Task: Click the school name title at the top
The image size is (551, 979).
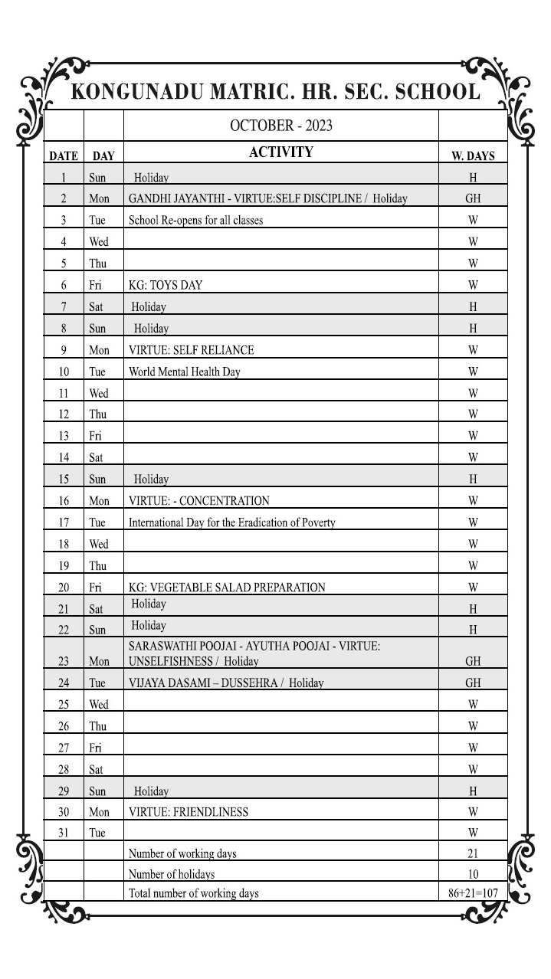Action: pos(275,92)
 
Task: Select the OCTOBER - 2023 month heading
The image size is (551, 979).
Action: pos(280,126)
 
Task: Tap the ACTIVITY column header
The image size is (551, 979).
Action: pos(280,152)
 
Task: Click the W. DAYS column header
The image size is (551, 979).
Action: pos(473,156)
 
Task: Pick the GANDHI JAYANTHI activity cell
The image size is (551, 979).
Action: pos(267,199)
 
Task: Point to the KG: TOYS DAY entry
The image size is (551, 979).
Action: pos(166,286)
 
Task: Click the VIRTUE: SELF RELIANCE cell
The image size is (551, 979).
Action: pos(191,350)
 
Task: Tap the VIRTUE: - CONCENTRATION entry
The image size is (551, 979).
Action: pos(198,501)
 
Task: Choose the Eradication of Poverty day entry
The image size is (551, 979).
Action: pos(231,523)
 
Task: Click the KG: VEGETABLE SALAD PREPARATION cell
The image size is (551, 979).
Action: pos(227,588)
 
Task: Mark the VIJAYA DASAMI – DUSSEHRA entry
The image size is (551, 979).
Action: pos(226,683)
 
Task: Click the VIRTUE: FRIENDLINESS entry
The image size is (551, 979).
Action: pos(188,811)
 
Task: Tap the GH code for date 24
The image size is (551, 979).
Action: pos(473,683)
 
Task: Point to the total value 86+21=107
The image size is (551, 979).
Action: pos(473,893)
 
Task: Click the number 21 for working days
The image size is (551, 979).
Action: pos(473,853)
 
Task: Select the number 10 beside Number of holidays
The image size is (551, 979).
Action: pos(473,874)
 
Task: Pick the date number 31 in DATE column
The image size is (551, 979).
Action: pos(64,833)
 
